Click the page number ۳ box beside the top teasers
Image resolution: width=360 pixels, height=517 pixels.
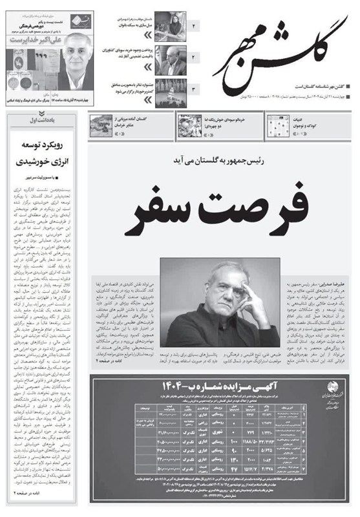(x=193, y=89)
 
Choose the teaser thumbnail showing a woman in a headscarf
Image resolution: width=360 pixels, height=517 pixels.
(x=171, y=27)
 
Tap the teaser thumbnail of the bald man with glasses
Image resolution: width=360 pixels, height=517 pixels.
(x=171, y=59)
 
